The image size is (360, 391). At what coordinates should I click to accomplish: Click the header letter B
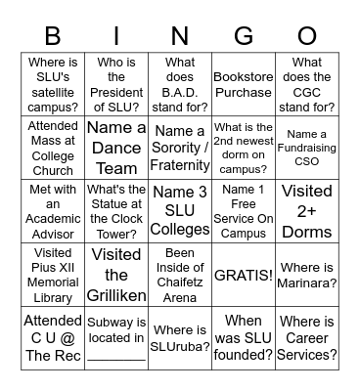54,37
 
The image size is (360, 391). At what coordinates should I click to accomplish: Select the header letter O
307,37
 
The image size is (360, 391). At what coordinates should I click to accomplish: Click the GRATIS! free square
244,275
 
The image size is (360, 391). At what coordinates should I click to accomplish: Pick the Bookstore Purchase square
244,84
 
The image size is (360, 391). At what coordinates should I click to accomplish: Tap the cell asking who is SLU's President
116,84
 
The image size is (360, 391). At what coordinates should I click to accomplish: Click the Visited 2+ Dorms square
307,211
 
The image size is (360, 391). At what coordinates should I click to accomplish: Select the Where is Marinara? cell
307,275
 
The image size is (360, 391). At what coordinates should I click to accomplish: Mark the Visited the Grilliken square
116,275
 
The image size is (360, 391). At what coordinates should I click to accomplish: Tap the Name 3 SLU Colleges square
180,211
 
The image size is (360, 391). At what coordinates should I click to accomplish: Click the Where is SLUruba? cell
180,338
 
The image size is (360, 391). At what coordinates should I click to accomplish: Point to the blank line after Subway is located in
116,356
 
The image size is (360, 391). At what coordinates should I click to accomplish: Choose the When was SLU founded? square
244,338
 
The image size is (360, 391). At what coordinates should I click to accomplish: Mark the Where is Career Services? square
307,338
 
